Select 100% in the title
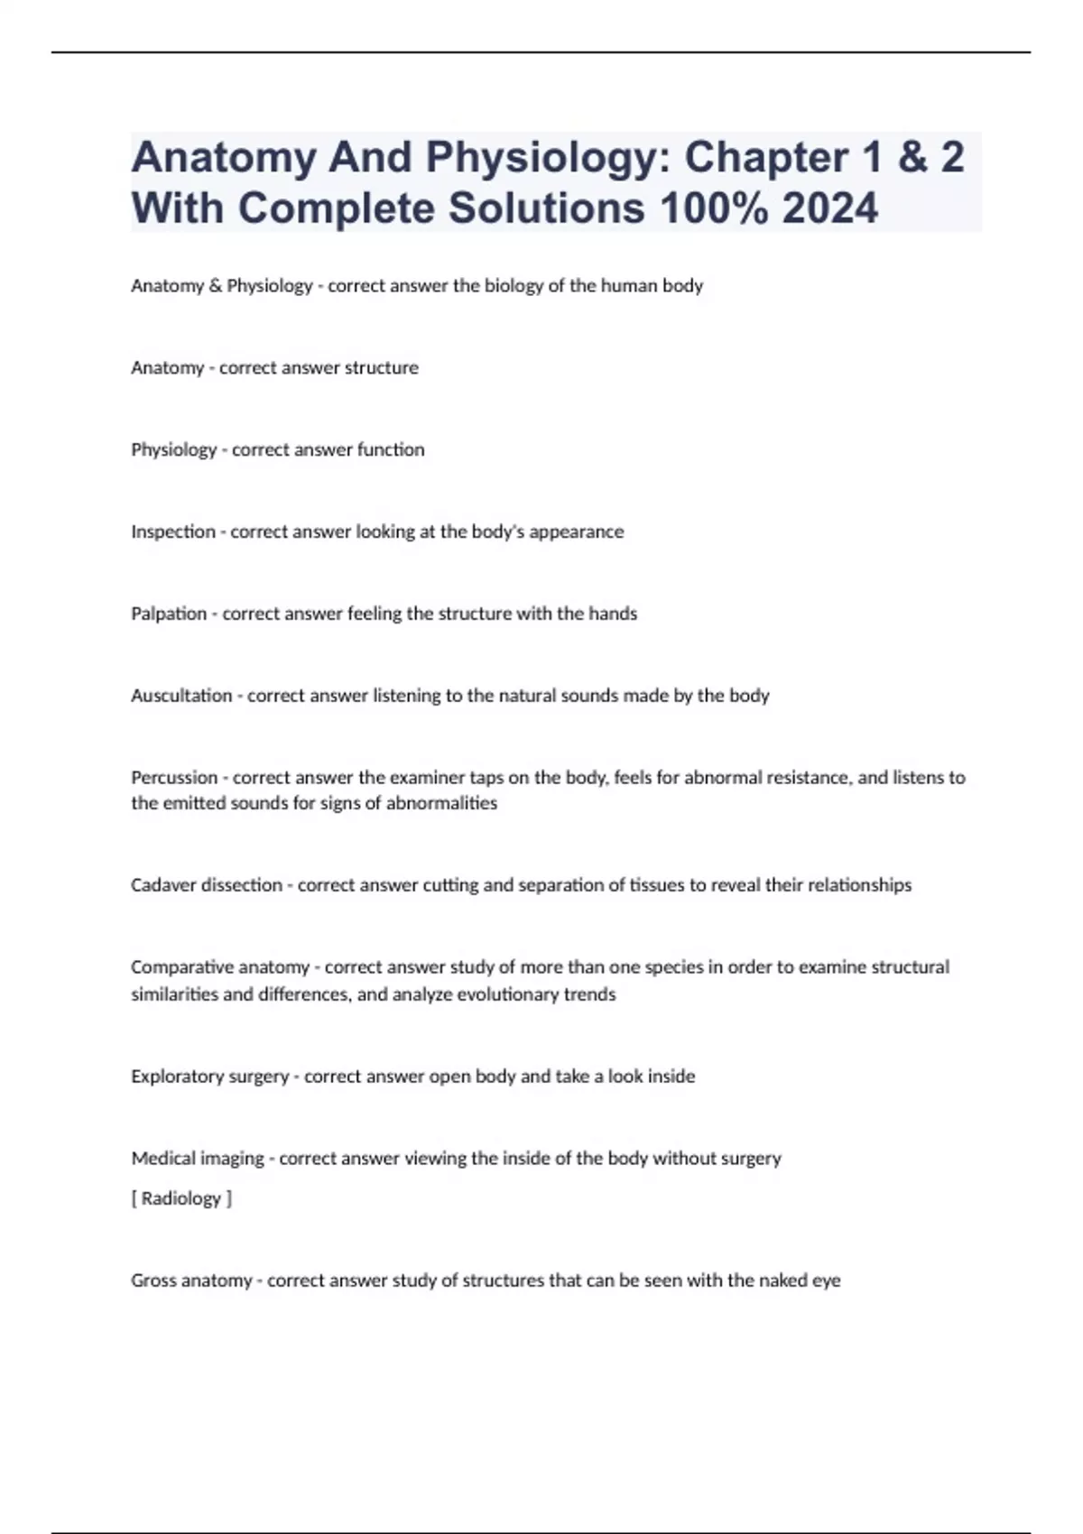point(714,208)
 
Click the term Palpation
point(169,614)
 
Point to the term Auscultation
point(181,696)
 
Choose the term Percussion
point(174,778)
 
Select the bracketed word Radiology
point(181,1198)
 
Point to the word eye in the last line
point(826,1280)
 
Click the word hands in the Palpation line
point(613,614)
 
